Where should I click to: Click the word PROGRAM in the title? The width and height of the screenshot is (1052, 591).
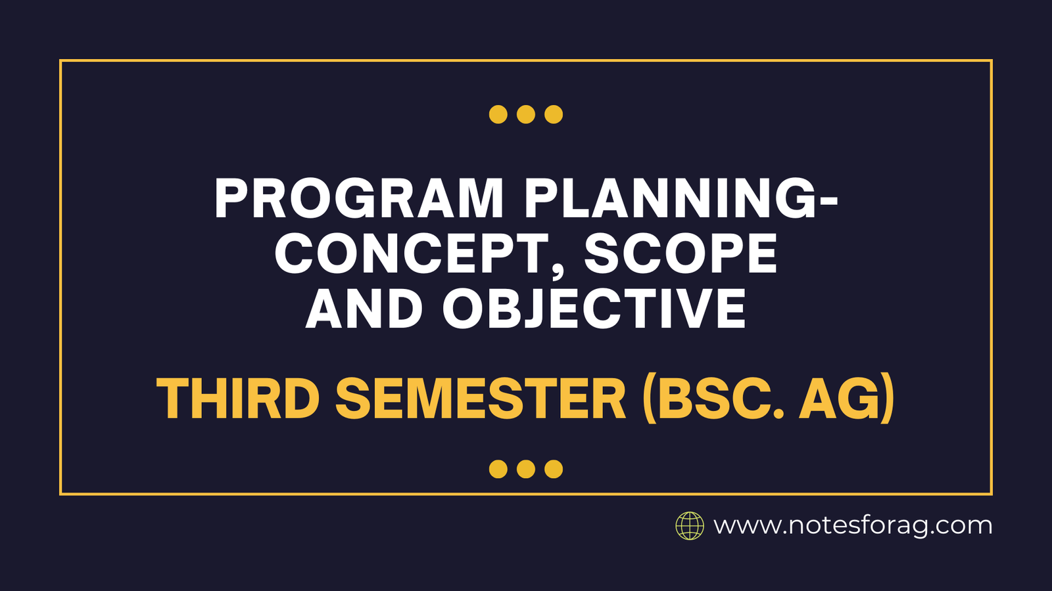pos(359,199)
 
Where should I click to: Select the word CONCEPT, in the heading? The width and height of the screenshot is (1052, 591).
pos(421,255)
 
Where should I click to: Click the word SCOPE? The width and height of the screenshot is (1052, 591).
pos(681,254)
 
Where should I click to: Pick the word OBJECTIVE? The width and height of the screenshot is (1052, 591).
pos(594,309)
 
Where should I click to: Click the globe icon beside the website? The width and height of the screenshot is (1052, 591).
pos(690,526)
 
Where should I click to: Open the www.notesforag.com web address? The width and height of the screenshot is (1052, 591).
pos(853,526)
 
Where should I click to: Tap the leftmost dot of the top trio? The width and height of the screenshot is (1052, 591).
pos(498,114)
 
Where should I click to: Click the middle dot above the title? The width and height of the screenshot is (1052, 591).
pos(526,114)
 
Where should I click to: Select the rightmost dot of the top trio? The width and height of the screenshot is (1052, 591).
pos(554,114)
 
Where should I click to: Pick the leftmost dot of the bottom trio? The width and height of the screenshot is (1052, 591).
pos(498,469)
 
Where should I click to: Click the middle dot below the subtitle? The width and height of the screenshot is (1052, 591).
pos(526,469)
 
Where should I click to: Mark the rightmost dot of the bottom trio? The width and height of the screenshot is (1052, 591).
pos(554,469)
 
